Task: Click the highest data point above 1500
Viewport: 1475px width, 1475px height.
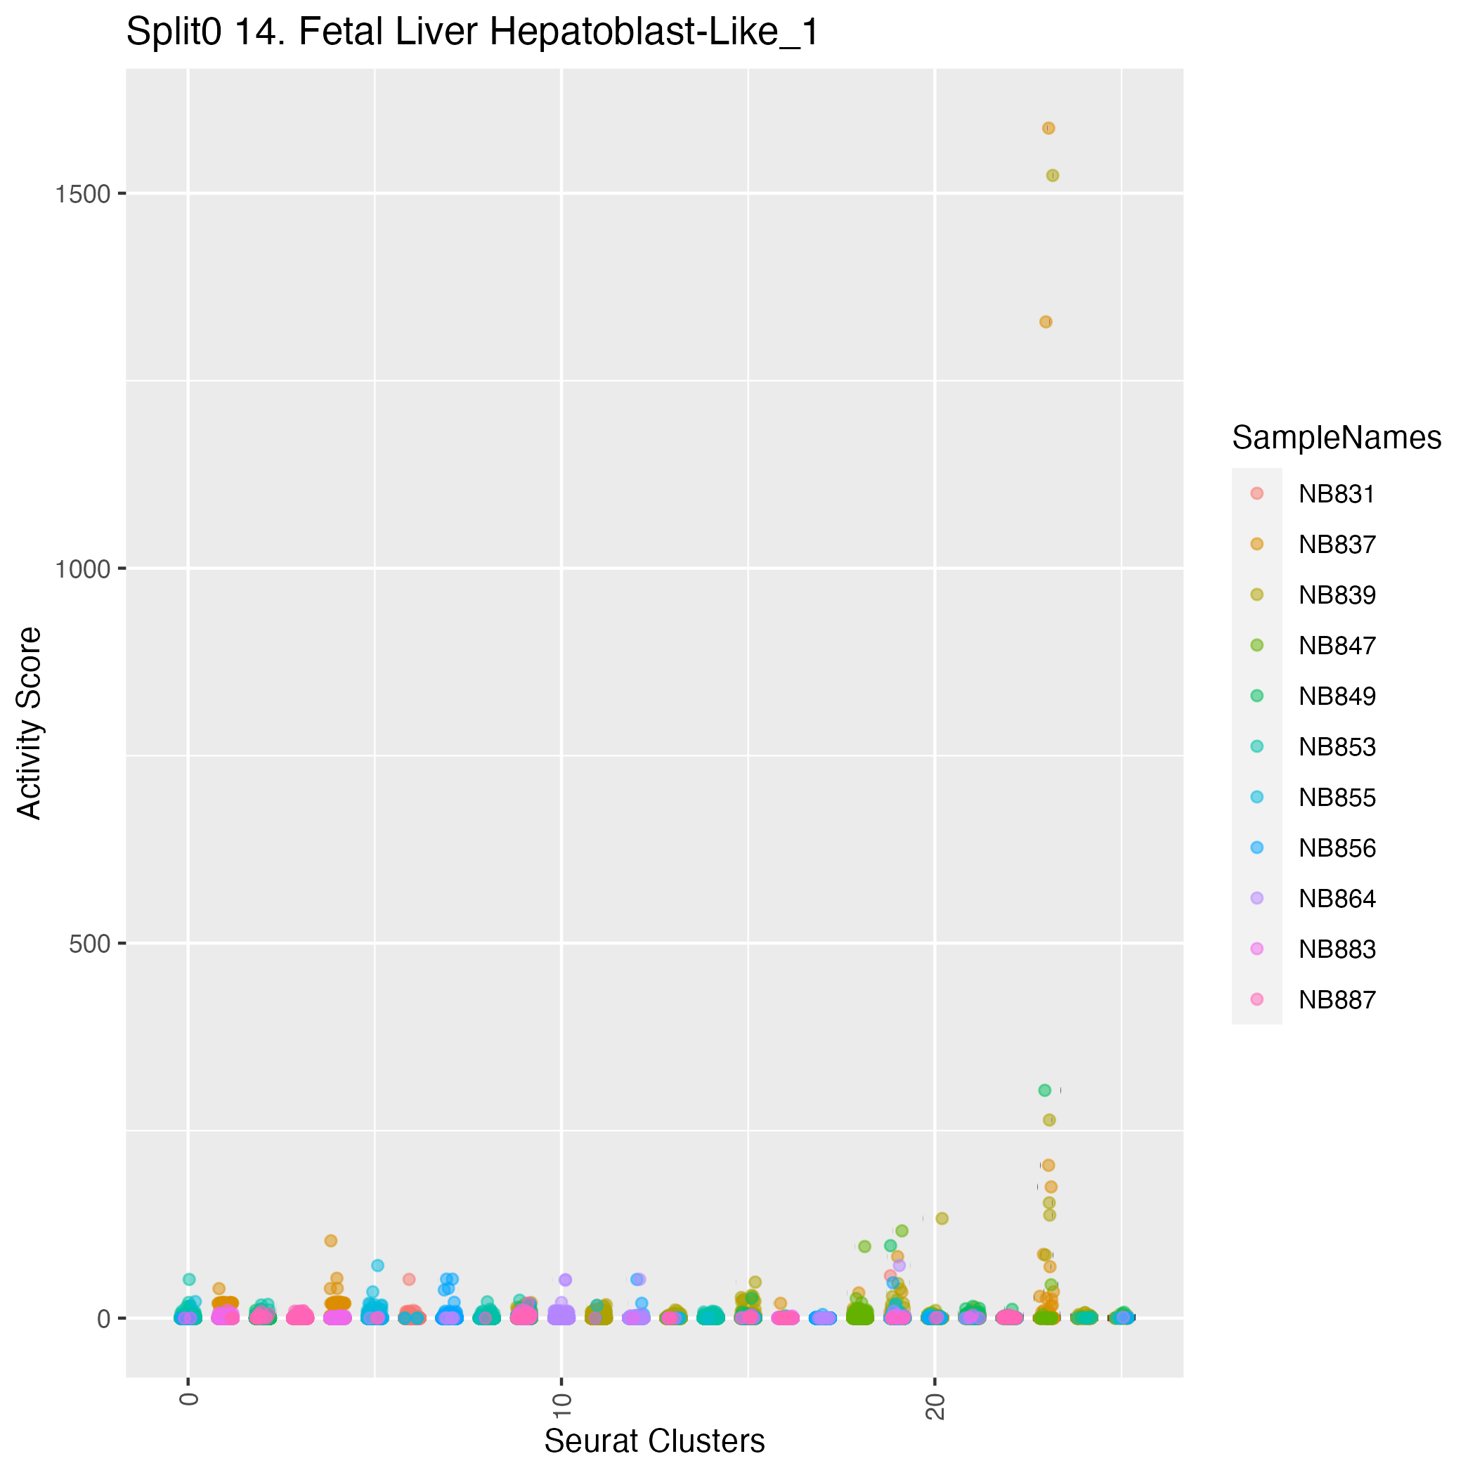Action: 1048,129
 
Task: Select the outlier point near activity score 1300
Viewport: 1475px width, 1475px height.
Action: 1046,321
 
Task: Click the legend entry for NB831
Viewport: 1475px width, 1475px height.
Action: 1337,494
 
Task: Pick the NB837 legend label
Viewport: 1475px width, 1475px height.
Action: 1337,545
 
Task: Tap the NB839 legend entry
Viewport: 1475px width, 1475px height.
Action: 1337,594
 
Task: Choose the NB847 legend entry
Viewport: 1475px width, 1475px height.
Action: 1337,646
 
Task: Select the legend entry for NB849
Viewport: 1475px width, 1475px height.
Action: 1337,696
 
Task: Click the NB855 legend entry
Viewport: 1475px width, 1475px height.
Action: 1337,798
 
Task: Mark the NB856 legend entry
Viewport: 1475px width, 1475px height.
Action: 1337,848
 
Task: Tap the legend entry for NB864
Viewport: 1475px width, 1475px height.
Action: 1337,899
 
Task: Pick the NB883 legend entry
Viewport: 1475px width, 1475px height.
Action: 1337,949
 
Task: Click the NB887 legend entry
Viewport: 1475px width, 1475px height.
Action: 1337,999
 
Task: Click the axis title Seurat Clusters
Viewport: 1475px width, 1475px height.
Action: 654,1441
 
